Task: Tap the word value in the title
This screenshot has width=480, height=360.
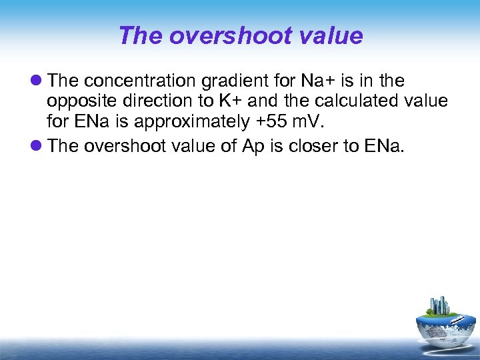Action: [331, 35]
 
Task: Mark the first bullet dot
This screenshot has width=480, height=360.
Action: [37, 81]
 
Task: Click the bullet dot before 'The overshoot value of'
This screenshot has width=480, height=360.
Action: [37, 147]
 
